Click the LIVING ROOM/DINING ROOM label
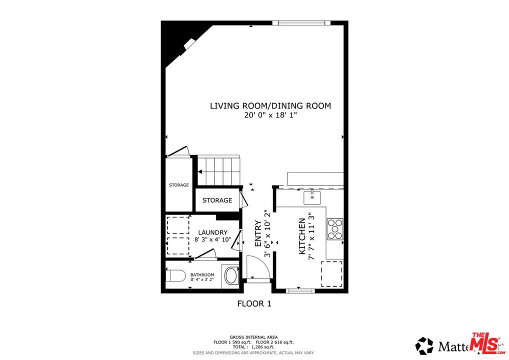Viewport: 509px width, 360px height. [270, 105]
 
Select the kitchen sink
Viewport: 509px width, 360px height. [312, 197]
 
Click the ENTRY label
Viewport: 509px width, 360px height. [258, 233]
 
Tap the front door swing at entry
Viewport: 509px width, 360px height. [258, 266]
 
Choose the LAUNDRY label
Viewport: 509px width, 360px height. [212, 232]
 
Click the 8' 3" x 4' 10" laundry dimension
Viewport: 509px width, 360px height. [212, 239]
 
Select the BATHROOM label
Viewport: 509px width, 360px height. [202, 275]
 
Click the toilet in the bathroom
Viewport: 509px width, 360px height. [175, 275]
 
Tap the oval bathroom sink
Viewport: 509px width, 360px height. [231, 275]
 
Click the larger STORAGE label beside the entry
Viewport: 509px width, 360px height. [217, 200]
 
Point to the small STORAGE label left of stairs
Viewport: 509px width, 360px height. [178, 185]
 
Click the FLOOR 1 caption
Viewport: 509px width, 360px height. [254, 303]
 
